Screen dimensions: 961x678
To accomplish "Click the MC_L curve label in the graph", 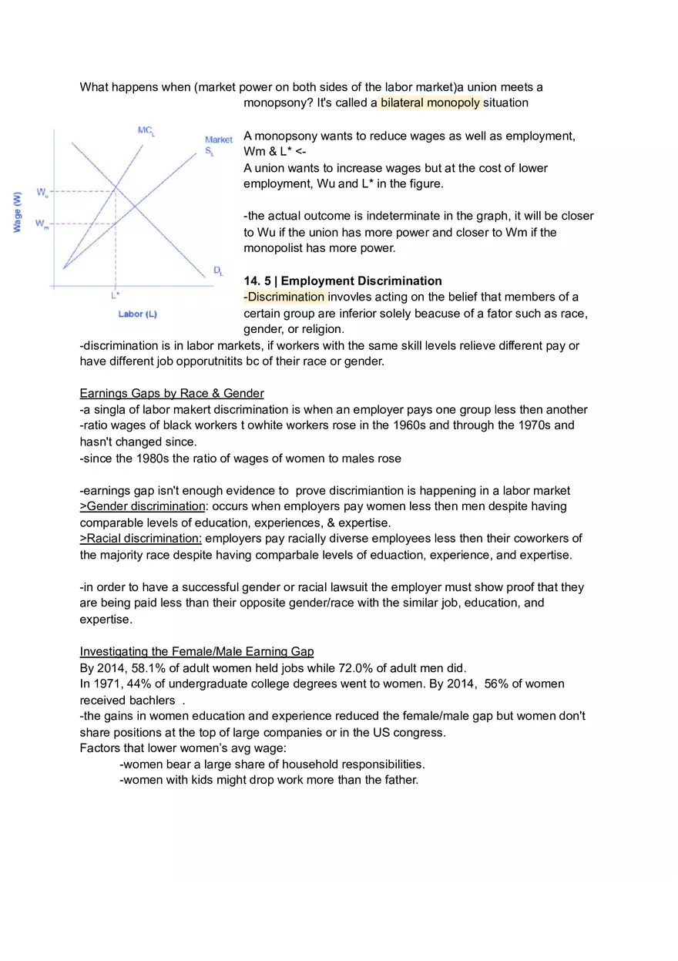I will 146,131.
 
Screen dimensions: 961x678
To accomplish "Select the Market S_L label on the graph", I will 218,146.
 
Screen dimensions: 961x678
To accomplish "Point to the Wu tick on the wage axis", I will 42,191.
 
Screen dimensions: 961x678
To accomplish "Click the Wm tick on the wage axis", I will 42,224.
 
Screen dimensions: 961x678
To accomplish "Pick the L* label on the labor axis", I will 115,294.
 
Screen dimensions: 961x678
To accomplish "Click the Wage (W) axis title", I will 17,213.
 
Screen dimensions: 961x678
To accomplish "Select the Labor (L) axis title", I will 137,314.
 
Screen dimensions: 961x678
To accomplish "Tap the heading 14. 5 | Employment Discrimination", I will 343,281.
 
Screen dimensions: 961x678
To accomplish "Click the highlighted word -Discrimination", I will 284,297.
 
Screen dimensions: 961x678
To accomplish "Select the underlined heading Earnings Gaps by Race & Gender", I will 172,393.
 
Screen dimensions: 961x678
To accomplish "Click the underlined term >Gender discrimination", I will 143,506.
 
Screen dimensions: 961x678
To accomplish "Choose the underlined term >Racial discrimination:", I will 141,538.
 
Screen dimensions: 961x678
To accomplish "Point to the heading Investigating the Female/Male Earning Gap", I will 196,651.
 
